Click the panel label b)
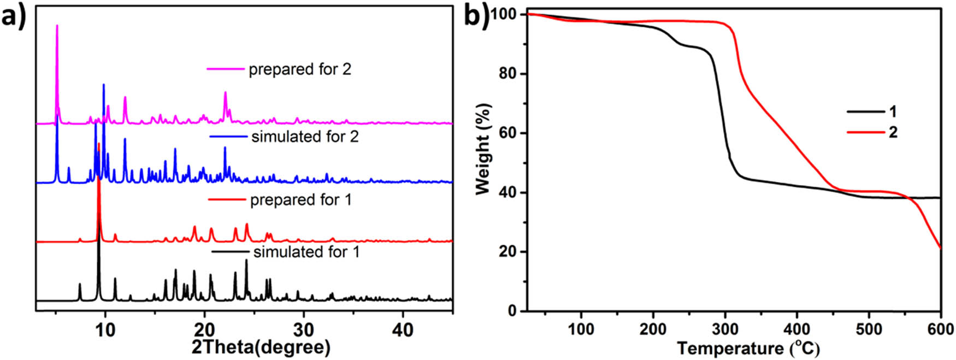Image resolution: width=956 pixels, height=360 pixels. click(476, 16)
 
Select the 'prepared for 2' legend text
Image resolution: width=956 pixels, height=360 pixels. click(300, 69)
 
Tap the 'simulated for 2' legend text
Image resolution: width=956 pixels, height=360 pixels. click(305, 136)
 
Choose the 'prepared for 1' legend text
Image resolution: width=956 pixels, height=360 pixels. click(300, 200)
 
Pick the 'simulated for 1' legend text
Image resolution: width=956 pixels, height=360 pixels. click(306, 252)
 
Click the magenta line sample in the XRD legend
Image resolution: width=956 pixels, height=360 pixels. click(225, 69)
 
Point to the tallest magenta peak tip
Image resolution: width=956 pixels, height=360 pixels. click(57, 25)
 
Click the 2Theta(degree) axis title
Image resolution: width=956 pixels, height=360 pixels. click(261, 347)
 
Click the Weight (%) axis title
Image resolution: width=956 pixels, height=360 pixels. click(483, 149)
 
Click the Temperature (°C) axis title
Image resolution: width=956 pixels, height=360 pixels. click(748, 348)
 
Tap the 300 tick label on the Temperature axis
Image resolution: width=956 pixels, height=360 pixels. click(725, 329)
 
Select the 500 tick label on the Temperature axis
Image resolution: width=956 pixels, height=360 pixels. click(869, 329)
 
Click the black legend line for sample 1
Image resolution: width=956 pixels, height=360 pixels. click(865, 112)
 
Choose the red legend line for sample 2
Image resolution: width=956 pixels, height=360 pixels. click(865, 132)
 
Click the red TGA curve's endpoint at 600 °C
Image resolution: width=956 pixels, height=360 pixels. click(940, 248)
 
